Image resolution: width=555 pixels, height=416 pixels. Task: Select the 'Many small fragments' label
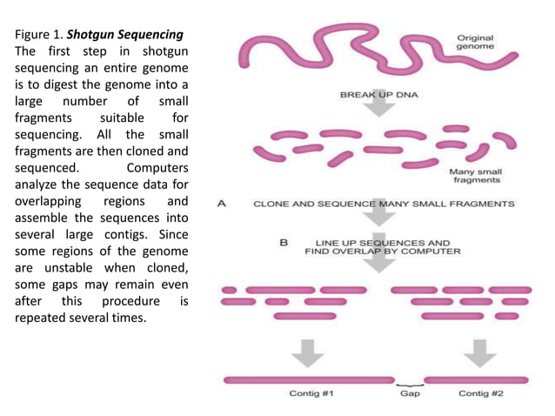474,177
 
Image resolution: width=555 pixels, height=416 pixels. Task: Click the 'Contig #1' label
311,394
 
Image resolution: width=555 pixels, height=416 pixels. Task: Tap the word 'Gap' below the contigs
410,394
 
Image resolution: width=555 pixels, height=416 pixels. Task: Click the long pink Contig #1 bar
309,379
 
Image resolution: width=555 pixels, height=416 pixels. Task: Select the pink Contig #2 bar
478,379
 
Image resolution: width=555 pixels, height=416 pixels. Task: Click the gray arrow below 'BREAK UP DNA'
377,107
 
